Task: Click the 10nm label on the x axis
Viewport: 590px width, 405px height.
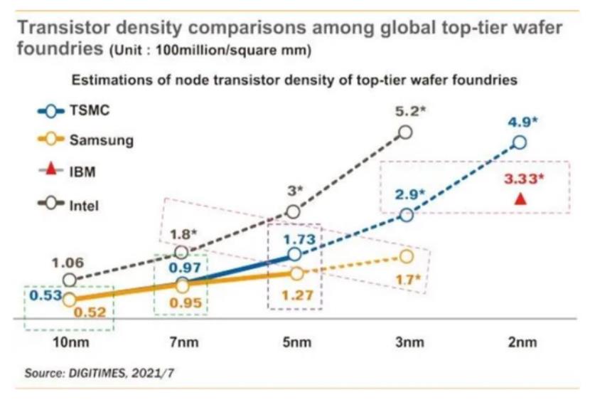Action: tap(70, 342)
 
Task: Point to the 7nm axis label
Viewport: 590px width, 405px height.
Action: tap(182, 342)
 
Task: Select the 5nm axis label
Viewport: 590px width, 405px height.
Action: tap(295, 342)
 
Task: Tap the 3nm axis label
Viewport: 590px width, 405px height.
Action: tap(408, 342)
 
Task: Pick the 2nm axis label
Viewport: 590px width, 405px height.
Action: tap(520, 342)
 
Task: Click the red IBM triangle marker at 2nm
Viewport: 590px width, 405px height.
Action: tap(520, 199)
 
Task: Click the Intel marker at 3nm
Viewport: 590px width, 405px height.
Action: tap(406, 132)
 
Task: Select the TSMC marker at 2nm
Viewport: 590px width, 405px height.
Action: tap(520, 142)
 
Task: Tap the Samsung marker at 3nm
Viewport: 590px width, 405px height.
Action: tap(407, 256)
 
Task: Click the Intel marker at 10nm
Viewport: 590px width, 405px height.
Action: tap(69, 280)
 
